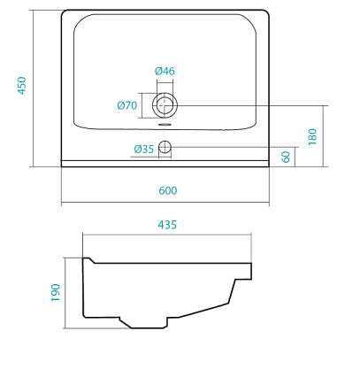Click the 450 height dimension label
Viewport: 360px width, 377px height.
click(x=22, y=86)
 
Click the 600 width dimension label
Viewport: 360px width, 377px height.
click(x=168, y=190)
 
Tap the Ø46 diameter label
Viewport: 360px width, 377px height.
click(x=165, y=71)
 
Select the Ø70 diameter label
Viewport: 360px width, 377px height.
click(x=127, y=105)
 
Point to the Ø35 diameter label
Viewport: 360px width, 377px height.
click(x=144, y=150)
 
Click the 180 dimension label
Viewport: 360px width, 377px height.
click(x=312, y=136)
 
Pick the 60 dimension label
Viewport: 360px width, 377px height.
click(x=286, y=157)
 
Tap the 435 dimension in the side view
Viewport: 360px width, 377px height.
click(x=167, y=225)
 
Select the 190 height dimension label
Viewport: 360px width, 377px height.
click(x=56, y=293)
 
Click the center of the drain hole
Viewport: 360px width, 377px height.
click(x=165, y=105)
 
